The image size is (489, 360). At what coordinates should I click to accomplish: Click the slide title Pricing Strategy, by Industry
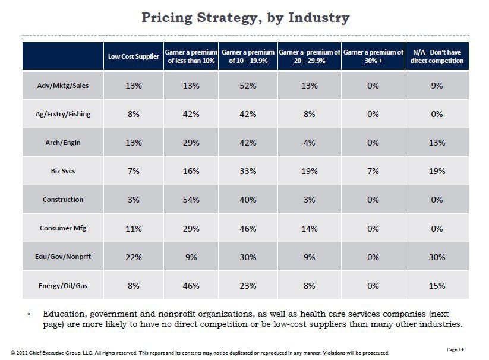coord(245,18)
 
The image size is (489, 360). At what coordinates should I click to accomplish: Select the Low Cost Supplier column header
coord(133,56)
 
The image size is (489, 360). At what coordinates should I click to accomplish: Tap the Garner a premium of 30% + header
coord(373,56)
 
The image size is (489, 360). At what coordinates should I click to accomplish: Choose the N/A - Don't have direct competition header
coord(437,56)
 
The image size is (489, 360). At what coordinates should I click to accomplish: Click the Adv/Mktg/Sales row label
coord(63,86)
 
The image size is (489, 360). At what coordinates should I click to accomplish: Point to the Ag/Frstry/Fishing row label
coord(63,114)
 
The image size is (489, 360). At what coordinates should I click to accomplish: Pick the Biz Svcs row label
coord(63,171)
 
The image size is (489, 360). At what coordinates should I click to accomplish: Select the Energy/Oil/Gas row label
coord(63,286)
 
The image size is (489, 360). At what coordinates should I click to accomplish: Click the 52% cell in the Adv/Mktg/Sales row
coord(248,86)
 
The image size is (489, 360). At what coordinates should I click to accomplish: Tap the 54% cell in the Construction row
coord(191,200)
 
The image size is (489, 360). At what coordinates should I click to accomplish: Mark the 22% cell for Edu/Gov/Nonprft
coord(133,257)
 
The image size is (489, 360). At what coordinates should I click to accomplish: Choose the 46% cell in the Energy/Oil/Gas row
coord(191,286)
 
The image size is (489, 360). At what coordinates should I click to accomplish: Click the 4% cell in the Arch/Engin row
coord(309,143)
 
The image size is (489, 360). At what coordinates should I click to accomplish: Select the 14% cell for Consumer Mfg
coord(309,229)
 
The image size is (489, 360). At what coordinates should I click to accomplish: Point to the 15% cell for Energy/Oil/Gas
coord(437,286)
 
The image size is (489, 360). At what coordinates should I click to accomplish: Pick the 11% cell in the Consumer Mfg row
coord(133,229)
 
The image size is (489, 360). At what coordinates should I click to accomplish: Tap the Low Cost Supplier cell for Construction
coord(133,200)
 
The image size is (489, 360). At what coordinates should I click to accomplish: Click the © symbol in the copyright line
coord(13,353)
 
